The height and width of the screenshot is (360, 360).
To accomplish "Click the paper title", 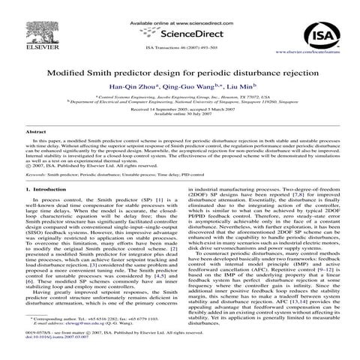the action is [180, 74].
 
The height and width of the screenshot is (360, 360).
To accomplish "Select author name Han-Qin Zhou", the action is [139, 87].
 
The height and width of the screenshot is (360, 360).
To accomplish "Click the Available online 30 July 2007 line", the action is [180, 113].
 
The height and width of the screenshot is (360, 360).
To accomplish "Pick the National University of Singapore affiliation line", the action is [180, 101].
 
